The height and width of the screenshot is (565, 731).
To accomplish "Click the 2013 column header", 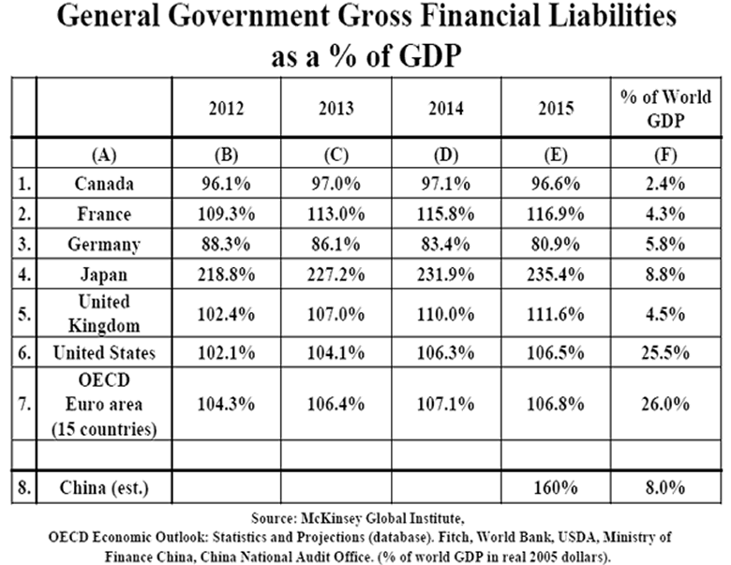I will pyautogui.click(x=336, y=108).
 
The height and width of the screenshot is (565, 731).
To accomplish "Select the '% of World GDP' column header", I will pyautogui.click(x=666, y=108).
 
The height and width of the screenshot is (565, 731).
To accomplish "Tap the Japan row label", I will pyautogui.click(x=103, y=275).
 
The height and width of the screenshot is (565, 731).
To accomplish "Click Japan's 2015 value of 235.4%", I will pyautogui.click(x=557, y=275).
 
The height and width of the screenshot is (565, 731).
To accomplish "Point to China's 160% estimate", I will pyautogui.click(x=557, y=487).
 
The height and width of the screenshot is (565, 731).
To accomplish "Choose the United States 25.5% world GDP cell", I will pyautogui.click(x=666, y=352).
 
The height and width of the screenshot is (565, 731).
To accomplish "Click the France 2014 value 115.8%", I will pyautogui.click(x=446, y=214).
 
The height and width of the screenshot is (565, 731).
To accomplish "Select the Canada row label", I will pyautogui.click(x=103, y=184).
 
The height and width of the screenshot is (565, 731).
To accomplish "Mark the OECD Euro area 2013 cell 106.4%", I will pyautogui.click(x=336, y=404).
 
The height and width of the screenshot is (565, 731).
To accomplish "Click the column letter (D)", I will pyautogui.click(x=446, y=154).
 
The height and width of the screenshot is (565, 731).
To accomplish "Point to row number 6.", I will pyautogui.click(x=22, y=352).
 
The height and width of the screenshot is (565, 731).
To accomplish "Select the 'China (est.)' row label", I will pyautogui.click(x=103, y=487).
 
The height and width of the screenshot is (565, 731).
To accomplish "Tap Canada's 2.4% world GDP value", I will pyautogui.click(x=666, y=184).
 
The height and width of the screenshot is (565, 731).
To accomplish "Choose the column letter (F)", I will pyautogui.click(x=666, y=154).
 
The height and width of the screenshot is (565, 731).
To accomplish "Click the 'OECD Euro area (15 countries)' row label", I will pyautogui.click(x=103, y=404).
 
